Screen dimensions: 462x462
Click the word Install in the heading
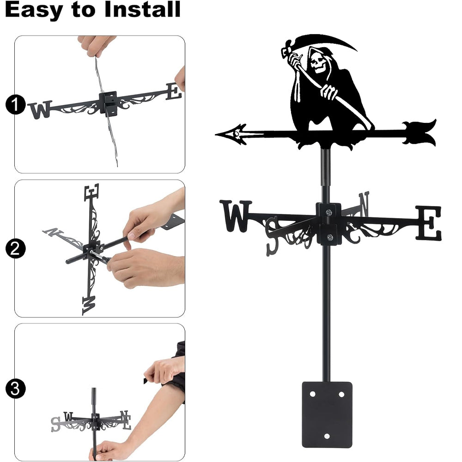coord(142,9)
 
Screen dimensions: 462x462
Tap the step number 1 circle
coord(15,104)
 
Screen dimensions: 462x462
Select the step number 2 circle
coord(15,249)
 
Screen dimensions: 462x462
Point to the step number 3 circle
coord(15,389)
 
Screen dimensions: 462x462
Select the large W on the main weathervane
coord(236,216)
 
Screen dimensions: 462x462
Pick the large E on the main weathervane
coord(429,223)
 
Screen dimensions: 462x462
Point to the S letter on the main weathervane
coord(272,236)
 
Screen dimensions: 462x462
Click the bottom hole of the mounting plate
coord(327,436)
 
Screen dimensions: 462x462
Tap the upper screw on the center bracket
coord(328,212)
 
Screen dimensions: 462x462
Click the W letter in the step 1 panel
coord(40,109)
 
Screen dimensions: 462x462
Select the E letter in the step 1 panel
coord(174,91)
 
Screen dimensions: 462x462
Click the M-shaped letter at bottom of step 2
coord(89,305)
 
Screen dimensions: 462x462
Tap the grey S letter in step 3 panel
coord(55,424)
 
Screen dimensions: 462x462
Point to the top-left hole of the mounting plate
coord(312,394)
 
